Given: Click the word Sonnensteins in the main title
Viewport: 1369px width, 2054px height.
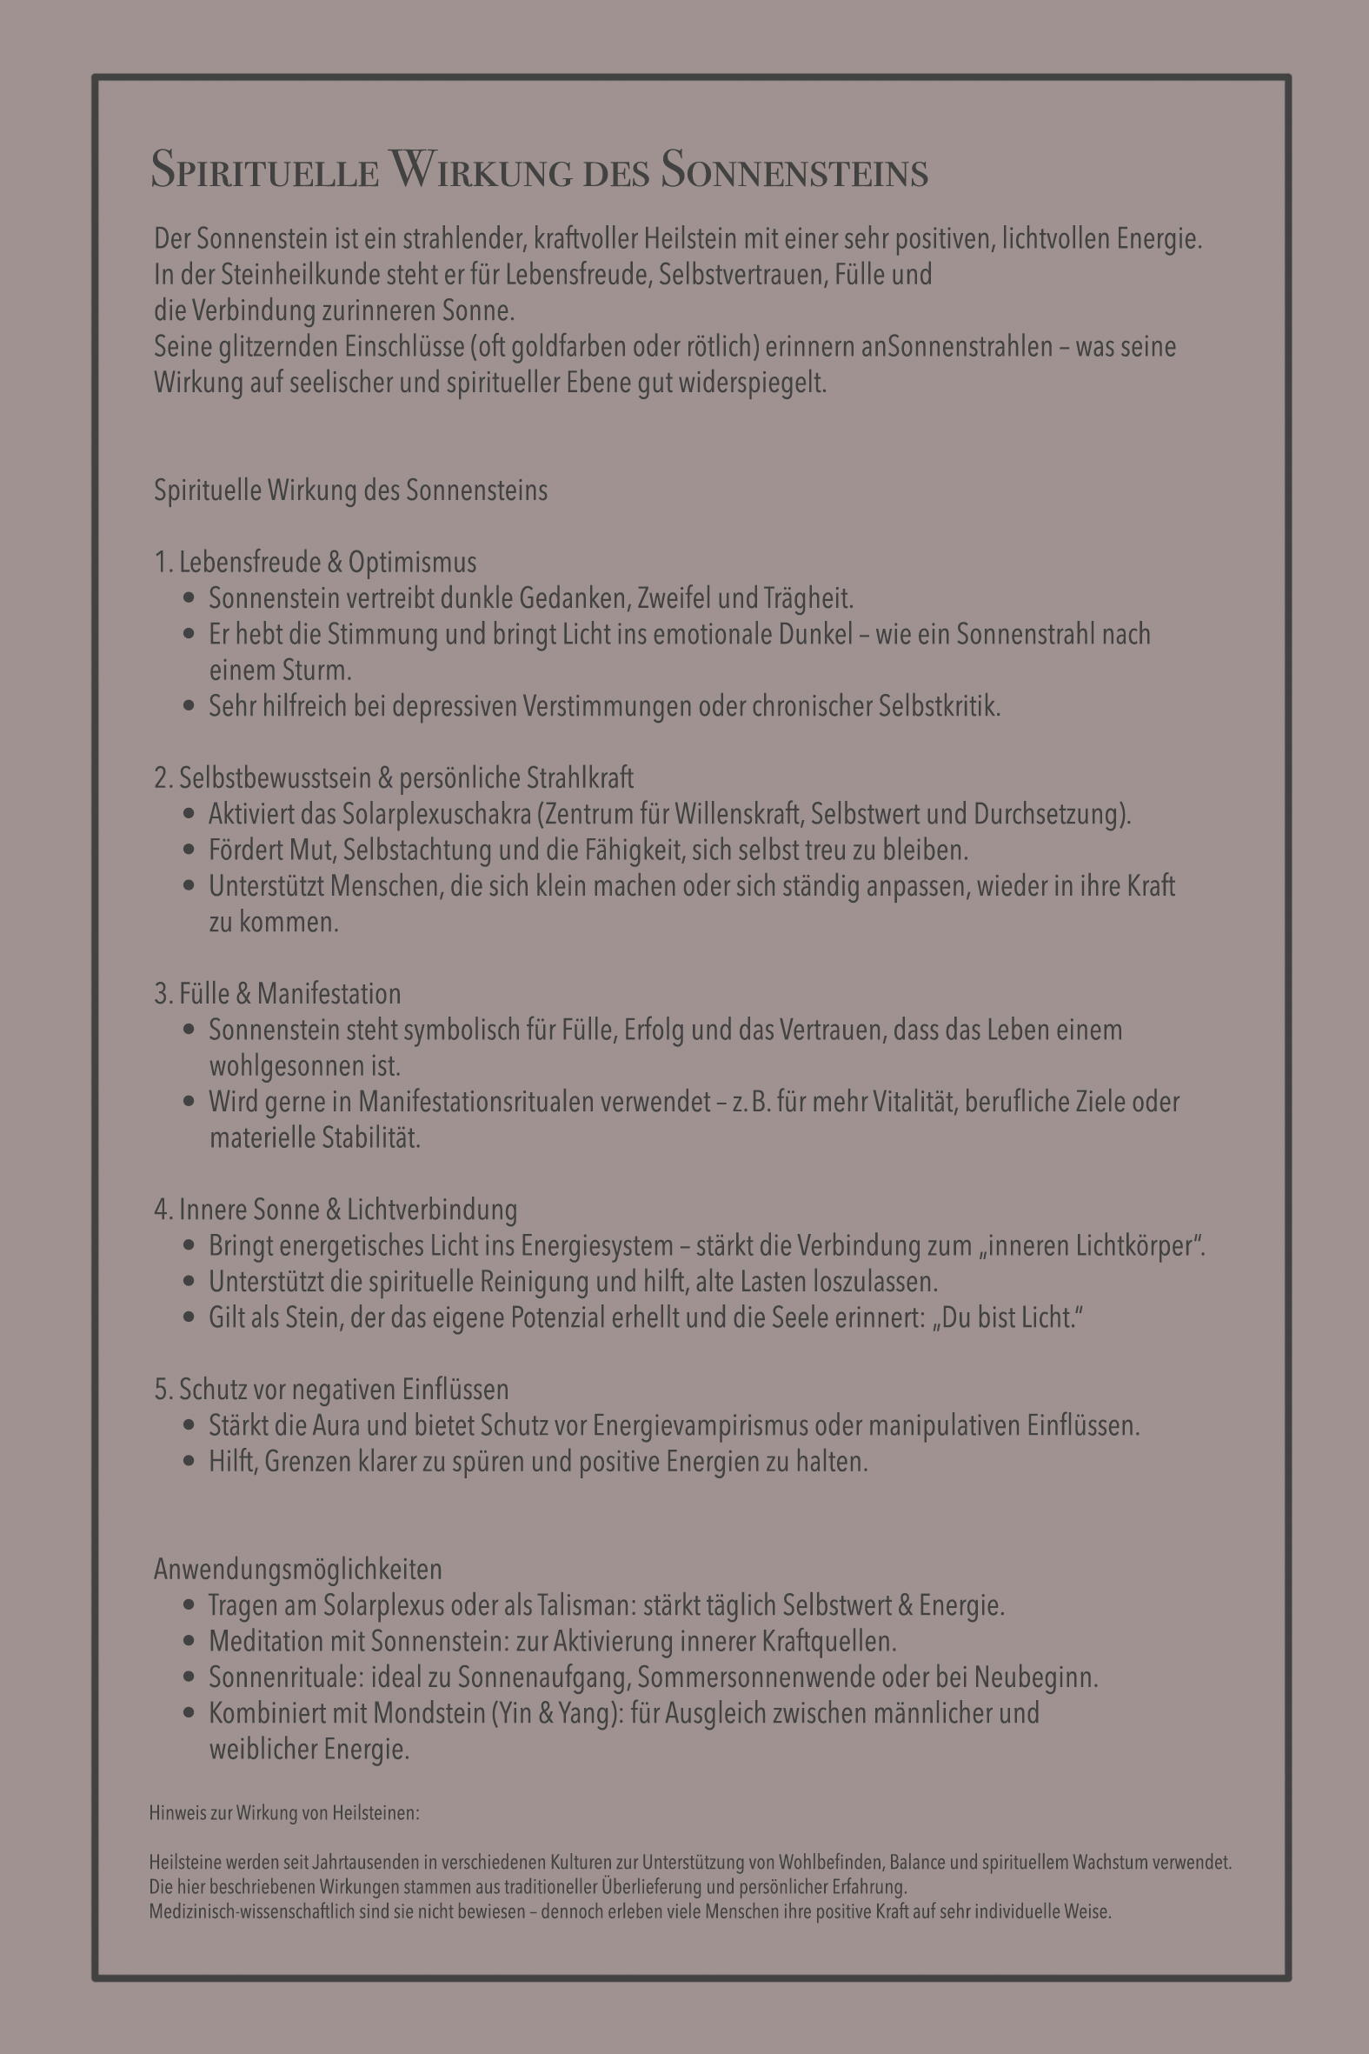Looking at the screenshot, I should click(794, 170).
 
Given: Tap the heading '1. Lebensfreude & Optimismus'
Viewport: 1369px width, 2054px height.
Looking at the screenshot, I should click(316, 563).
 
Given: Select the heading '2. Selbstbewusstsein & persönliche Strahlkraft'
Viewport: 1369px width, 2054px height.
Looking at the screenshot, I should click(394, 778).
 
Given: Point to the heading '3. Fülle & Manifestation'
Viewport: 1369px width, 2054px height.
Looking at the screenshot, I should click(277, 994).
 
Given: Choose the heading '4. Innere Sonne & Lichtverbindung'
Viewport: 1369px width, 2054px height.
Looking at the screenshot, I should click(336, 1210).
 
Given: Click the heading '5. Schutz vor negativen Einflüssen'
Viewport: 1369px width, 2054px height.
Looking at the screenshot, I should click(331, 1390).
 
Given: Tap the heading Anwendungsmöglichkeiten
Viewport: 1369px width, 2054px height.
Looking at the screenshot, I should click(298, 1570).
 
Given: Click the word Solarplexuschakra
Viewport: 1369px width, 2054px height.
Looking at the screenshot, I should click(435, 814).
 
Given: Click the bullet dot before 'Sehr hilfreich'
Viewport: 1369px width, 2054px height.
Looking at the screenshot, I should click(189, 705).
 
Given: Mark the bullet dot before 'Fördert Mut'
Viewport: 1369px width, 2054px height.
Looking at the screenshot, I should click(189, 850).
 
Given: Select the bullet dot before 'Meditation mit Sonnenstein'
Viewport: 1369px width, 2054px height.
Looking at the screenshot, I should click(189, 1641).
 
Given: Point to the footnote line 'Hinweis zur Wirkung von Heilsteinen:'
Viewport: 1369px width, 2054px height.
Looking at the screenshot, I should click(283, 1813).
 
